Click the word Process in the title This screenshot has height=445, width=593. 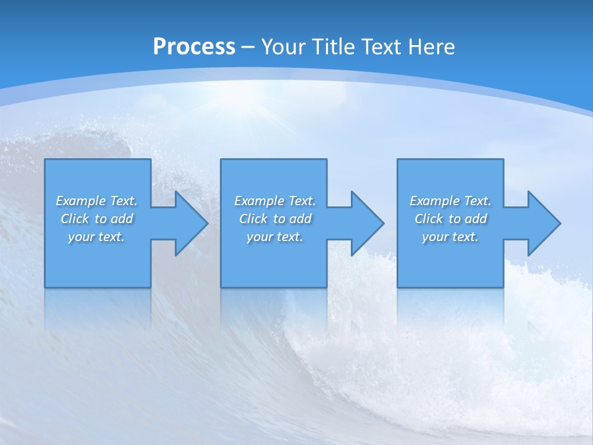coord(194,47)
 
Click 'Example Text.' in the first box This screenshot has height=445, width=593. coord(96,201)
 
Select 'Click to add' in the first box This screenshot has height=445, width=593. coord(96,219)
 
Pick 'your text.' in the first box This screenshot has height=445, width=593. coord(96,237)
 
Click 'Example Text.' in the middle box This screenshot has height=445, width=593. coord(275,201)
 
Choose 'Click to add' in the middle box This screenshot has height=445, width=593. coord(275,219)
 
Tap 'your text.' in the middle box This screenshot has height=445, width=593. coord(275,237)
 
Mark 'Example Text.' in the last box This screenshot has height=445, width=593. coord(450,201)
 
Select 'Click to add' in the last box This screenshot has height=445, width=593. coord(450,219)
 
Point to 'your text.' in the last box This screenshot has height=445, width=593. coord(450,237)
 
